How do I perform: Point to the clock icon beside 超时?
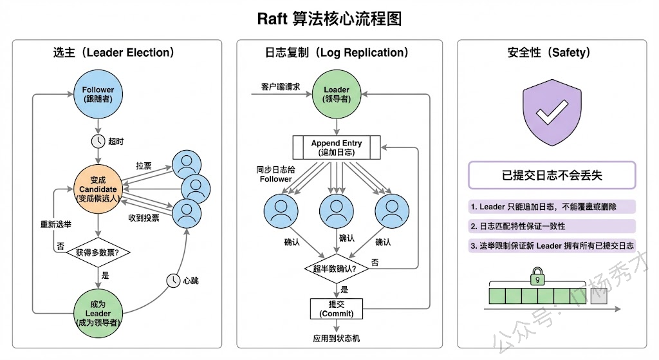pos(98,141)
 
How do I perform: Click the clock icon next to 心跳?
pos(173,280)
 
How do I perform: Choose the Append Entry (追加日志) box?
pos(337,147)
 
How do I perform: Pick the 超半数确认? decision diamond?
pos(337,267)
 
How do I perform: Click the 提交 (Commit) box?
pos(337,308)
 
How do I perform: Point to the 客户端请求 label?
pos(279,86)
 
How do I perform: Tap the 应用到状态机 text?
pos(337,338)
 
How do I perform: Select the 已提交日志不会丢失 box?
pos(552,175)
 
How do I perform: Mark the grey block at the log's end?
pos(599,296)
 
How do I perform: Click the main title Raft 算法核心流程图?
pos(329,19)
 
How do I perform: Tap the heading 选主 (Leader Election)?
pos(114,53)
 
